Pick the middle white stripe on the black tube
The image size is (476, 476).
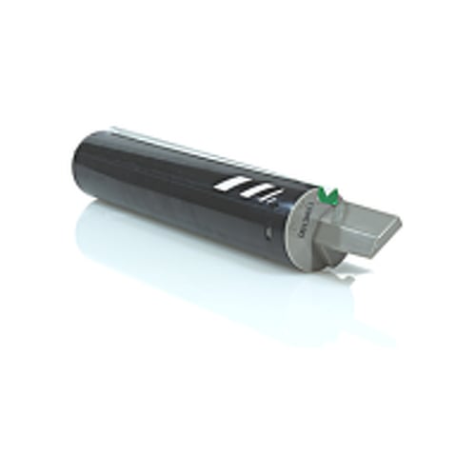click(251, 188)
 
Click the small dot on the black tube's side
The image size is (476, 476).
click(268, 232)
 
